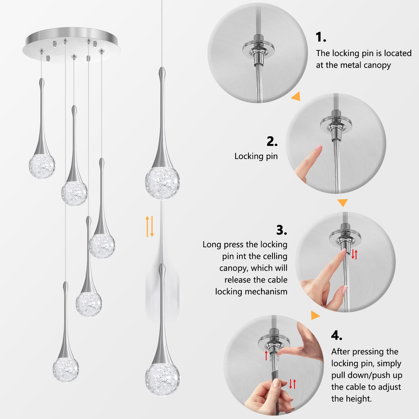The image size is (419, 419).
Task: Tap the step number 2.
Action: (x=272, y=141)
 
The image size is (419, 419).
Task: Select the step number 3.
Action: (x=282, y=230)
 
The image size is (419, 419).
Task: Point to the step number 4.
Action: (x=337, y=335)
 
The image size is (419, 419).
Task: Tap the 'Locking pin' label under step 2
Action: (x=256, y=156)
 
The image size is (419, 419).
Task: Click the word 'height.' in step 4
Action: (x=351, y=399)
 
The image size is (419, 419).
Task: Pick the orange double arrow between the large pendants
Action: (x=150, y=226)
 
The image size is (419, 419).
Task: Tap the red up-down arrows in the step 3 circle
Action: (x=354, y=254)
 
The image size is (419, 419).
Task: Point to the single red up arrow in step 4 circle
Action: (x=266, y=355)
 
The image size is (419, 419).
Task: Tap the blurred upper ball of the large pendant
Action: (x=162, y=183)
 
